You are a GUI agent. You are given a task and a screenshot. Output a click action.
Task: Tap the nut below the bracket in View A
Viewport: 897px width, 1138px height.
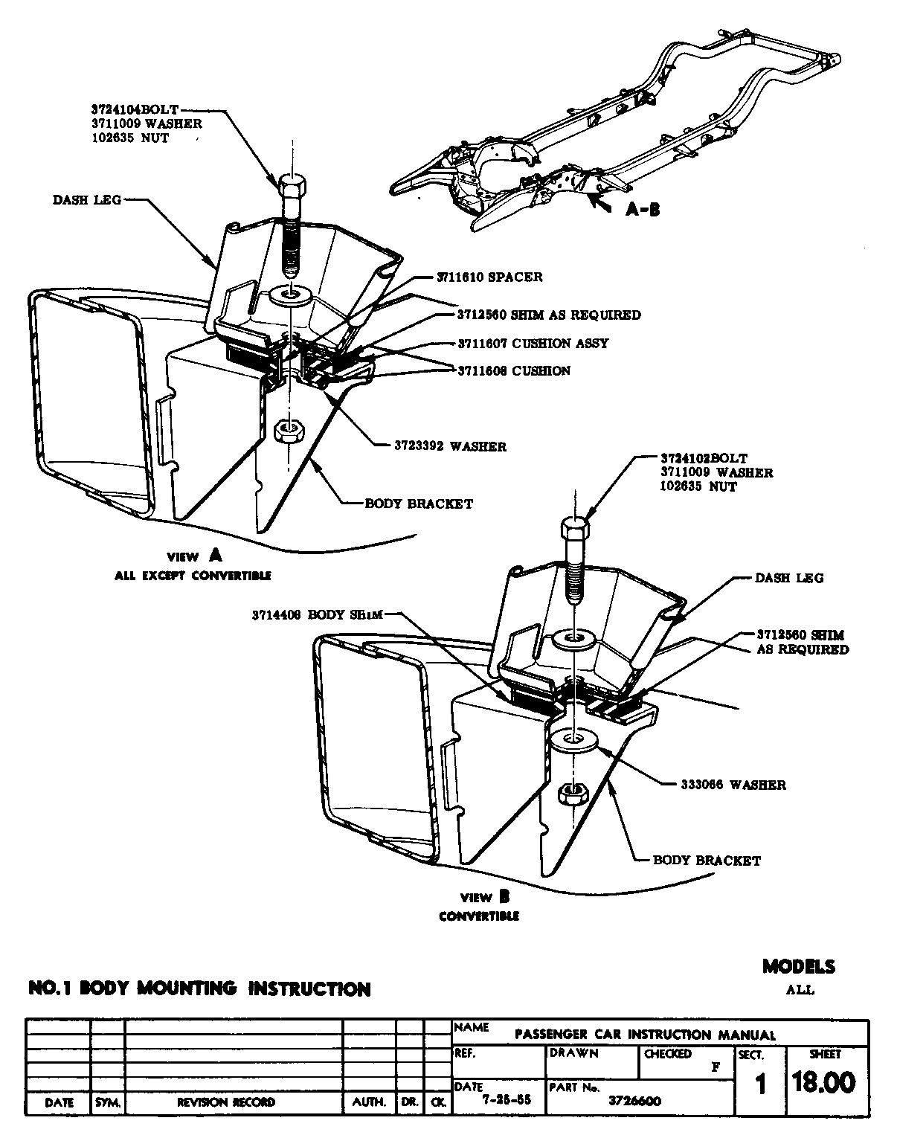tap(287, 431)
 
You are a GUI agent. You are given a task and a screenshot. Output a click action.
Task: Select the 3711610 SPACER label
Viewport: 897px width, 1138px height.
tap(489, 277)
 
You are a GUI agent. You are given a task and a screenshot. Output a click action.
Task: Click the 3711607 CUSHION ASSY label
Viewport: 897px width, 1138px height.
tap(533, 343)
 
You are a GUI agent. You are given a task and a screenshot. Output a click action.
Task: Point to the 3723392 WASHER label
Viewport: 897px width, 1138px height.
tap(450, 446)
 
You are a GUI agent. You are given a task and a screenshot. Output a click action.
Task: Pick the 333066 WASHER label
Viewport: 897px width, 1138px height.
tap(733, 784)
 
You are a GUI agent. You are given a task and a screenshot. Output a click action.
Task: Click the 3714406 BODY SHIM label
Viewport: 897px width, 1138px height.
tap(317, 614)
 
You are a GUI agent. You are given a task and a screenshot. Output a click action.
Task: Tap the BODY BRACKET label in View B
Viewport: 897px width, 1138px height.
tap(707, 861)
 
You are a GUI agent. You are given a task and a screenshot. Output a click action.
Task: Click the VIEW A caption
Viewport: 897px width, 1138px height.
tap(194, 556)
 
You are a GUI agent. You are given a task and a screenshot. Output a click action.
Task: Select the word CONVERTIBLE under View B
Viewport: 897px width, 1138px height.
tap(478, 916)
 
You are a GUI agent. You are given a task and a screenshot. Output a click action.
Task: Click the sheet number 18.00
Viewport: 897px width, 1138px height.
tap(823, 1082)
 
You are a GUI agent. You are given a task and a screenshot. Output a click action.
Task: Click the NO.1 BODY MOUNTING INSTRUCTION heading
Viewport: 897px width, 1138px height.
tap(199, 988)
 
